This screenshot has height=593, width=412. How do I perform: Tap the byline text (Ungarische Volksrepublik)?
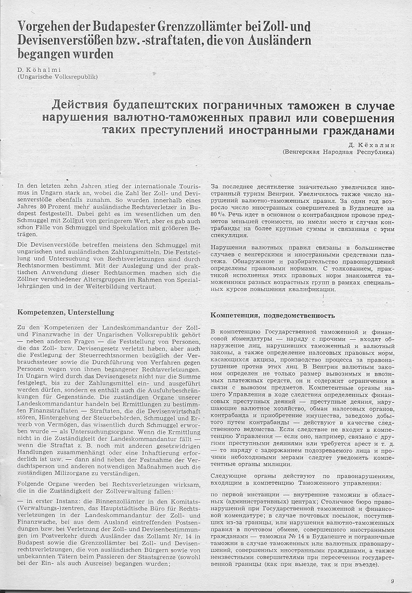[x=57, y=77]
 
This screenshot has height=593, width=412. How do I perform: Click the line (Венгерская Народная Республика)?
[x=338, y=152]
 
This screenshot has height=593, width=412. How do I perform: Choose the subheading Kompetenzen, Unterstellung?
[x=66, y=313]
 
